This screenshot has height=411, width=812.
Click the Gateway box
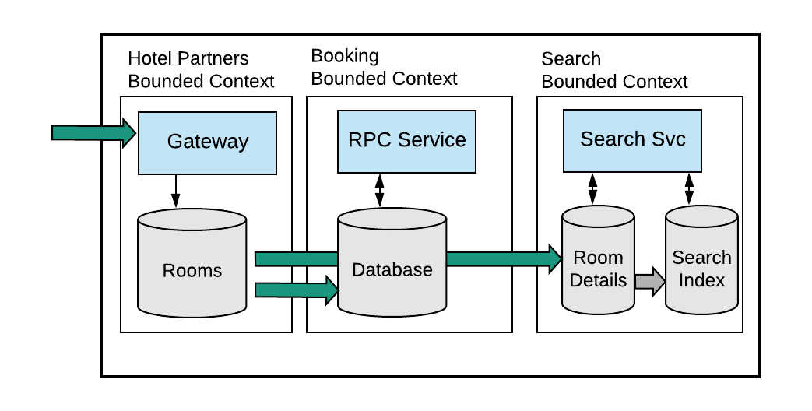tap(207, 142)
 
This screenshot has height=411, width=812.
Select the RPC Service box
tap(406, 141)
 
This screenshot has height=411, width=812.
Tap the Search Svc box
tap(632, 140)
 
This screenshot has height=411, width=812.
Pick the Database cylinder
tap(392, 269)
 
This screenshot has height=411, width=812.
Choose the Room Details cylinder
tap(598, 269)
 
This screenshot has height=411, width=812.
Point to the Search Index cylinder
tap(701, 269)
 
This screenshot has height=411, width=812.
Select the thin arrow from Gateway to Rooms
tap(175, 190)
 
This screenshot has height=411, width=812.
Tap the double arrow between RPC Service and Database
tap(380, 191)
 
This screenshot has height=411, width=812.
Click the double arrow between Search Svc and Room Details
tap(592, 189)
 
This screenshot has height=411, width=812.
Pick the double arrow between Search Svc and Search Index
tap(689, 189)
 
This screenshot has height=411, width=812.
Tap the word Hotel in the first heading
tap(149, 59)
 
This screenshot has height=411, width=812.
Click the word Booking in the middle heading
tap(345, 56)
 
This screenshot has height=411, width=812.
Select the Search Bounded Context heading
tap(614, 71)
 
